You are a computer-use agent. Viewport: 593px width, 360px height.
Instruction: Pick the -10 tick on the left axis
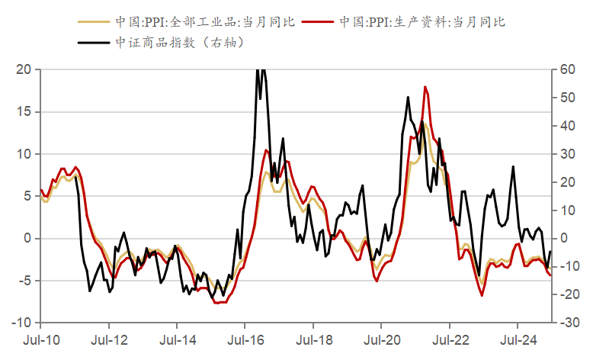(21, 323)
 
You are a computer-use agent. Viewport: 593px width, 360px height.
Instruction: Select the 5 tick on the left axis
(27, 196)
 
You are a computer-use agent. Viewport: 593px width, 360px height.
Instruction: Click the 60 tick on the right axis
(566, 69)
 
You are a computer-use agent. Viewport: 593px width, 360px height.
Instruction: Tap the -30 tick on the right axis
(568, 323)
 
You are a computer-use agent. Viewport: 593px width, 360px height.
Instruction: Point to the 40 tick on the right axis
(566, 126)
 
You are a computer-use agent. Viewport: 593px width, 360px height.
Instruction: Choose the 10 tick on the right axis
(566, 211)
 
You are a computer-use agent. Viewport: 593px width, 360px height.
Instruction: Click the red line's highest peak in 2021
(425, 87)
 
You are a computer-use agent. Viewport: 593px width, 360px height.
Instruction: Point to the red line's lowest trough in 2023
(482, 296)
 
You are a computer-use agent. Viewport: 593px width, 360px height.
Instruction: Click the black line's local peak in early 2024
(513, 166)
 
